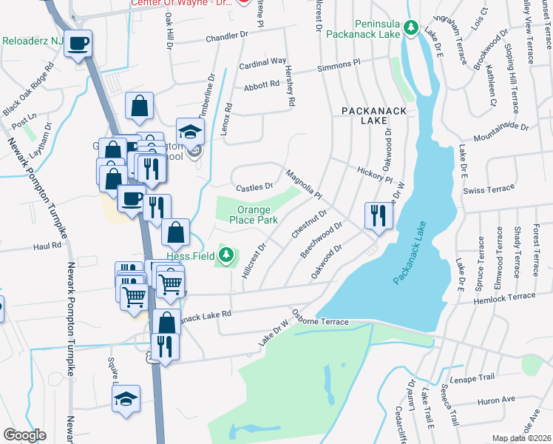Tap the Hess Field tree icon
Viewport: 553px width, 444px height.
pos(227,258)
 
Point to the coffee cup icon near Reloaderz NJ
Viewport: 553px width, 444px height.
pos(77,44)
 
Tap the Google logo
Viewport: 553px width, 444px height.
pos(24,434)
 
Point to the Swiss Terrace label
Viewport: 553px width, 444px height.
pos(488,189)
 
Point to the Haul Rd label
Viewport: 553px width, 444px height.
pos(46,247)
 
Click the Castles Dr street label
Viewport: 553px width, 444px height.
pos(255,186)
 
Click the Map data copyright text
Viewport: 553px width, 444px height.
pos(522,438)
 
